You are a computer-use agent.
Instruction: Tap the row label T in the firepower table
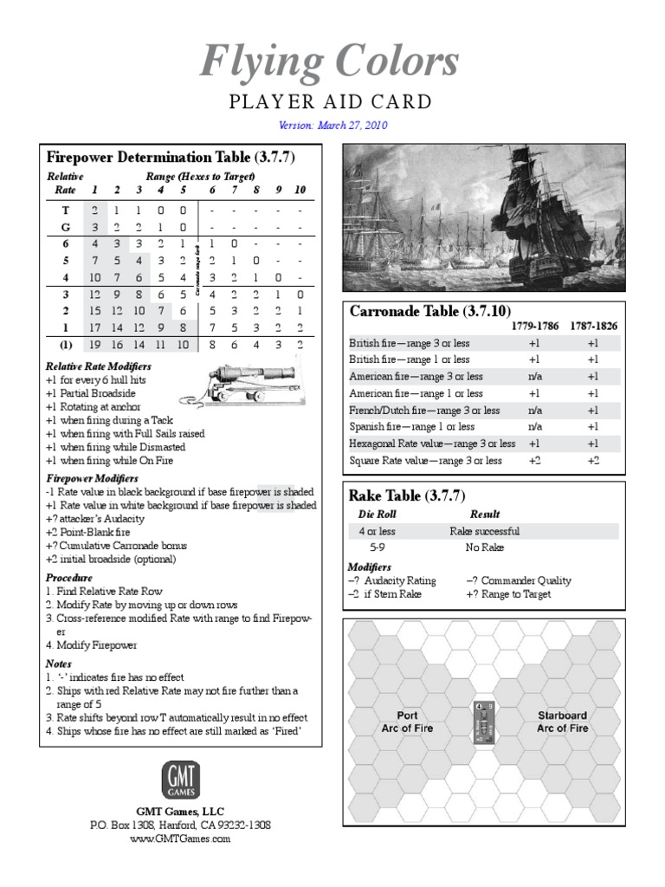[x=66, y=210]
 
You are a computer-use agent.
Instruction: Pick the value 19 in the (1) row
[x=94, y=344]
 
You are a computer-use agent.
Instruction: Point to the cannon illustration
[x=229, y=382]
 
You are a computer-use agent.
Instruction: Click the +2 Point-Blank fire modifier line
[x=95, y=533]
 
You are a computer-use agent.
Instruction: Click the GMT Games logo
[x=181, y=780]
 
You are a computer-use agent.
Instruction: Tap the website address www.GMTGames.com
[x=181, y=838]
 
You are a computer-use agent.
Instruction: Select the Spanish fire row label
[x=411, y=426]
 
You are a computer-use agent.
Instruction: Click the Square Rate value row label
[x=425, y=460]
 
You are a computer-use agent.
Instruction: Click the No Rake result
[x=484, y=547]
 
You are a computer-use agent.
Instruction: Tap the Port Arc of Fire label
[x=407, y=722]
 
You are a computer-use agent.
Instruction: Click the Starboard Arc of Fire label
[x=562, y=722]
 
